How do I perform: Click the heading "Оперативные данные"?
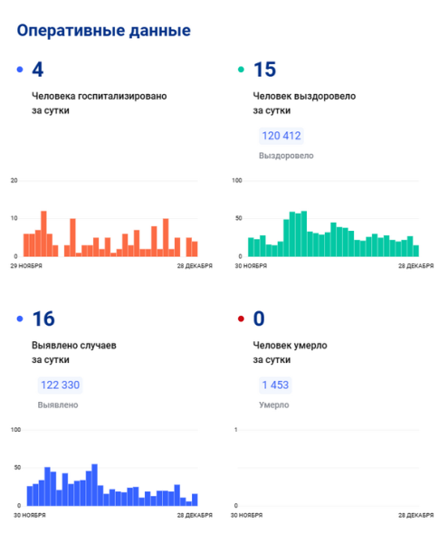(103, 31)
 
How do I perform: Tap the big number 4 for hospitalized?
(38, 70)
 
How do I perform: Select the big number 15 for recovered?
(264, 70)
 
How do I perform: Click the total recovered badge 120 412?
(281, 136)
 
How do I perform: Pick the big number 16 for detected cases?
(43, 319)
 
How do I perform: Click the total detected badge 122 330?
(61, 386)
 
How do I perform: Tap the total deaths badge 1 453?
(275, 386)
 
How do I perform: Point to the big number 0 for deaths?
(259, 319)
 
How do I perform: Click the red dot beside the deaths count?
(241, 319)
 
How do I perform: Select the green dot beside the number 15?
(241, 70)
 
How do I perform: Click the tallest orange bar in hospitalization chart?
(43, 233)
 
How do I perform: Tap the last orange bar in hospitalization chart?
(195, 249)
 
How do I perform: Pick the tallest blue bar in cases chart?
(94, 485)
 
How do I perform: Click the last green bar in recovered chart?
(415, 251)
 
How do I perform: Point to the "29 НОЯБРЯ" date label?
(26, 266)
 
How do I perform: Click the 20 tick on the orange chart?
(14, 180)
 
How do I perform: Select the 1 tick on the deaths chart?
(236, 430)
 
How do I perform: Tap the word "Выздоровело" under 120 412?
(286, 156)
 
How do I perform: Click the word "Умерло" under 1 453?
(274, 405)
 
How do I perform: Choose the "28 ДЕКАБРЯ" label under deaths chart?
(415, 515)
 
